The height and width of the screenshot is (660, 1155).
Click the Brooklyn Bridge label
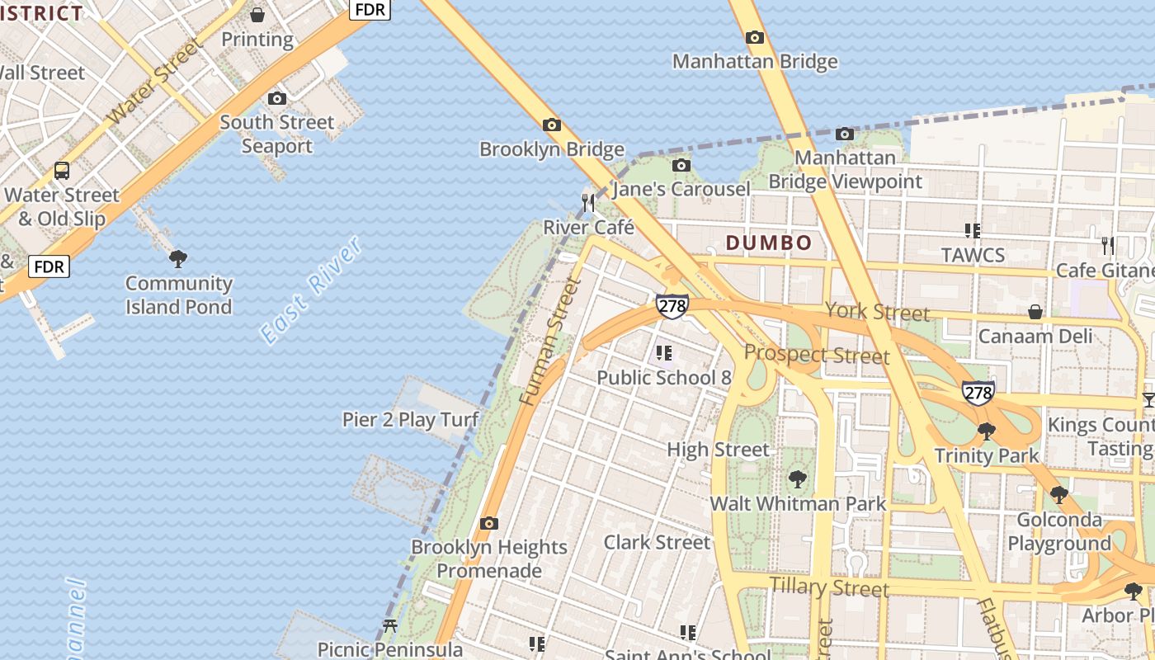coord(551,149)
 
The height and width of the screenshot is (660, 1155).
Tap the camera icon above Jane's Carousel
coord(681,166)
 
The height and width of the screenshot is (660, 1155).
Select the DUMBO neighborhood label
coord(769,243)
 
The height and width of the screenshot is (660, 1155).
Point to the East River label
coord(310,290)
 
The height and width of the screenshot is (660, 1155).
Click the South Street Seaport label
coord(276,134)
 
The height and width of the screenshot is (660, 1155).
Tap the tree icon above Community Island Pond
coord(177,259)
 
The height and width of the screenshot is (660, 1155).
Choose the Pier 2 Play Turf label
coord(410,420)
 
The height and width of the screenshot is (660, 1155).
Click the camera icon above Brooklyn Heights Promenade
coord(489,523)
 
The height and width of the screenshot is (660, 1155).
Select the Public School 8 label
coord(663,378)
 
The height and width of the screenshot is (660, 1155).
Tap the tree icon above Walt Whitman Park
coord(797,478)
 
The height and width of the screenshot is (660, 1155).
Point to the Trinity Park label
coord(987,455)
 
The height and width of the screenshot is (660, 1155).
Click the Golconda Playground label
coord(1059,532)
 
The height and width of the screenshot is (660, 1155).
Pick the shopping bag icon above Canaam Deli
coord(1035,312)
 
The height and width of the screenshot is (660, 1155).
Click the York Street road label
coord(877,312)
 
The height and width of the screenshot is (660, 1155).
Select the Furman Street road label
coord(550,342)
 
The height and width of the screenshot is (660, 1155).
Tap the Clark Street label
coord(657,542)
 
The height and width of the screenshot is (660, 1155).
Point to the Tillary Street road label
coord(829,587)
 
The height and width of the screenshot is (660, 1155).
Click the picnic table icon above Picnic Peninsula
coord(390,626)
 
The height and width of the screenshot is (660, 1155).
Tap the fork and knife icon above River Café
coord(588,202)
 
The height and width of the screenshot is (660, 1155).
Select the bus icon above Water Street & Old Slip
coord(62,171)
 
